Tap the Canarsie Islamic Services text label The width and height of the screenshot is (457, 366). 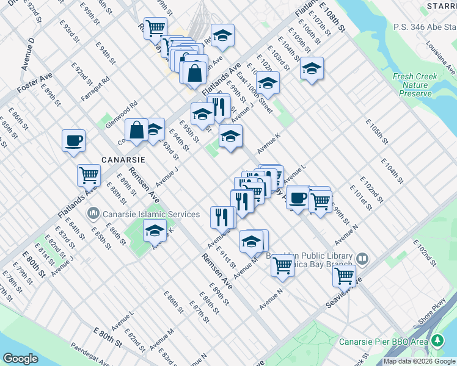coord(151,214)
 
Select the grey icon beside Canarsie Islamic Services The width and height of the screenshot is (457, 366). coord(93,214)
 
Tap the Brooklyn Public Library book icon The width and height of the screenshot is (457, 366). coord(362,259)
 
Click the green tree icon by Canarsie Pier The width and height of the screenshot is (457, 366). coord(438,340)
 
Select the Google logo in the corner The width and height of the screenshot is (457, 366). coord(20,359)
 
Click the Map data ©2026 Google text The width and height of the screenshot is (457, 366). coord(420,361)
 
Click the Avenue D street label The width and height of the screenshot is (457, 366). coord(29,55)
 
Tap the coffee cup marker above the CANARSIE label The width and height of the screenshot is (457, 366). coord(73,141)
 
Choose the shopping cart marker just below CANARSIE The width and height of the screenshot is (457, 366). coord(89,176)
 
